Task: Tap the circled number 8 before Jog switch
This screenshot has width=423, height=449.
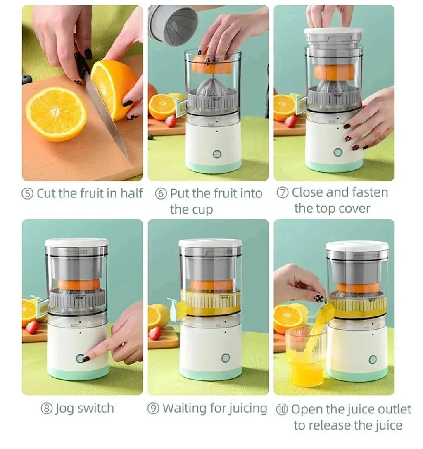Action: pos(47,409)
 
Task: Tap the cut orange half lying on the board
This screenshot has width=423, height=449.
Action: pos(56,114)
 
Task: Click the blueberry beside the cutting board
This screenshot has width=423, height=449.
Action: pos(27,79)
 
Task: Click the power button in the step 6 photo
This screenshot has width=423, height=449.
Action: pos(217,154)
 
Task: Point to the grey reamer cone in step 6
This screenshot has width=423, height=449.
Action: pos(213,89)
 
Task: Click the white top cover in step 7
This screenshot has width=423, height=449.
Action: pos(333,31)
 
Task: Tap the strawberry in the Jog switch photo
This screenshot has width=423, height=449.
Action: pos(32,327)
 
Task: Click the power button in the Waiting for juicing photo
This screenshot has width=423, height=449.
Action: pos(225,358)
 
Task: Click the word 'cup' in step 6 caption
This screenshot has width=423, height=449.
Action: pos(203,209)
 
